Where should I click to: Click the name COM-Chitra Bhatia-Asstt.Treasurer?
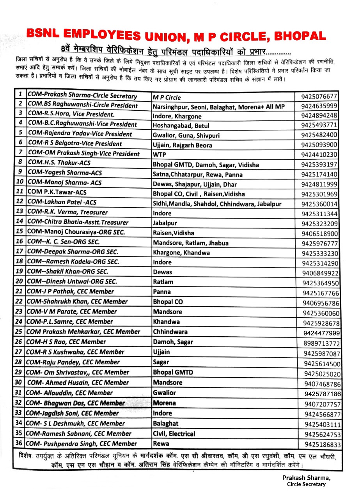[78, 222]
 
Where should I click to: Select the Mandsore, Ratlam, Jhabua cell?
[191, 243]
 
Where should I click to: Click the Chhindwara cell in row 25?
[170, 332]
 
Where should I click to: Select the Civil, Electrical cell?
[174, 434]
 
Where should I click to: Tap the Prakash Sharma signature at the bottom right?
[306, 478]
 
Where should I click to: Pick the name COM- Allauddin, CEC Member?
[70, 393]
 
